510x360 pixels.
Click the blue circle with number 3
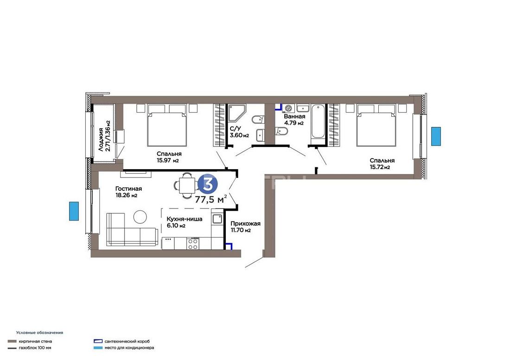coord(208,183)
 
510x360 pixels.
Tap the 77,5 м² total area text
coord(211,199)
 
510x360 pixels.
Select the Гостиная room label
coord(128,189)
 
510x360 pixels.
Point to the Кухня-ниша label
coord(185,219)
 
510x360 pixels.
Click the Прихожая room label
coord(246,223)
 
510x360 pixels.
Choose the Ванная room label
coord(294,116)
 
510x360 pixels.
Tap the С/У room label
coord(235,128)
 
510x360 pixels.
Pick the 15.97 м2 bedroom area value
coord(168,160)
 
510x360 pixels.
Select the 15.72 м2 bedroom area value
coord(380,167)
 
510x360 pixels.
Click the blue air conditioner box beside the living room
coord(74,211)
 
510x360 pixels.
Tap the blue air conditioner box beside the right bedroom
coord(436,137)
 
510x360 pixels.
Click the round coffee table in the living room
coord(140,217)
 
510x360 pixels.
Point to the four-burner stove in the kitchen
coord(192,244)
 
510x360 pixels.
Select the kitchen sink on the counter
coord(217,219)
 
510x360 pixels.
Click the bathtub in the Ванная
coord(318,121)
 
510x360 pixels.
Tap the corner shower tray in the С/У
coord(236,113)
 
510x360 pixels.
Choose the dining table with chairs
coord(187,185)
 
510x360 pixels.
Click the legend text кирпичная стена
coord(35,341)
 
